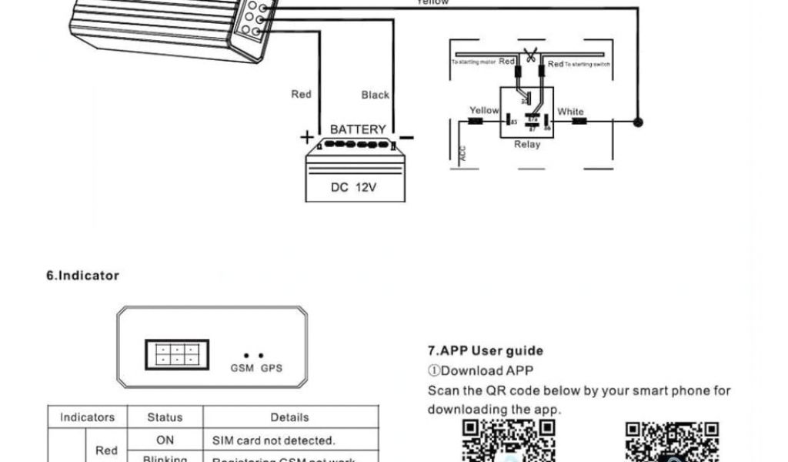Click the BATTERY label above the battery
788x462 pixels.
[x=358, y=129]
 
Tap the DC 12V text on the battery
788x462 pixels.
[x=354, y=187]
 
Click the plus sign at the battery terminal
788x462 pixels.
[x=307, y=138]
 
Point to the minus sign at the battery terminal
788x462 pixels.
[x=406, y=138]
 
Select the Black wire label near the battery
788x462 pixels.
[x=376, y=95]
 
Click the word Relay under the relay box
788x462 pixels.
[x=527, y=144]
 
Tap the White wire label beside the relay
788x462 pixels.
[x=570, y=112]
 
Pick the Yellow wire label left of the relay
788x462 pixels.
[x=484, y=110]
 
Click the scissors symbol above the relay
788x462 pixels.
[x=530, y=56]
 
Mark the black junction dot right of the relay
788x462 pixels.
[x=637, y=122]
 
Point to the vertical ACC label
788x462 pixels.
[x=462, y=153]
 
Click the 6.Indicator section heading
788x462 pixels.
[x=83, y=276]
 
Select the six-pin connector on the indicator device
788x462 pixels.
[x=176, y=354]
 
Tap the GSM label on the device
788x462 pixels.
[x=242, y=368]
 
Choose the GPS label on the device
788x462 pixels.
[x=271, y=368]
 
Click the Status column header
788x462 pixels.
[x=165, y=417]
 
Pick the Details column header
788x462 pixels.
[x=289, y=417]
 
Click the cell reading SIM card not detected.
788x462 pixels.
[x=274, y=441]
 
